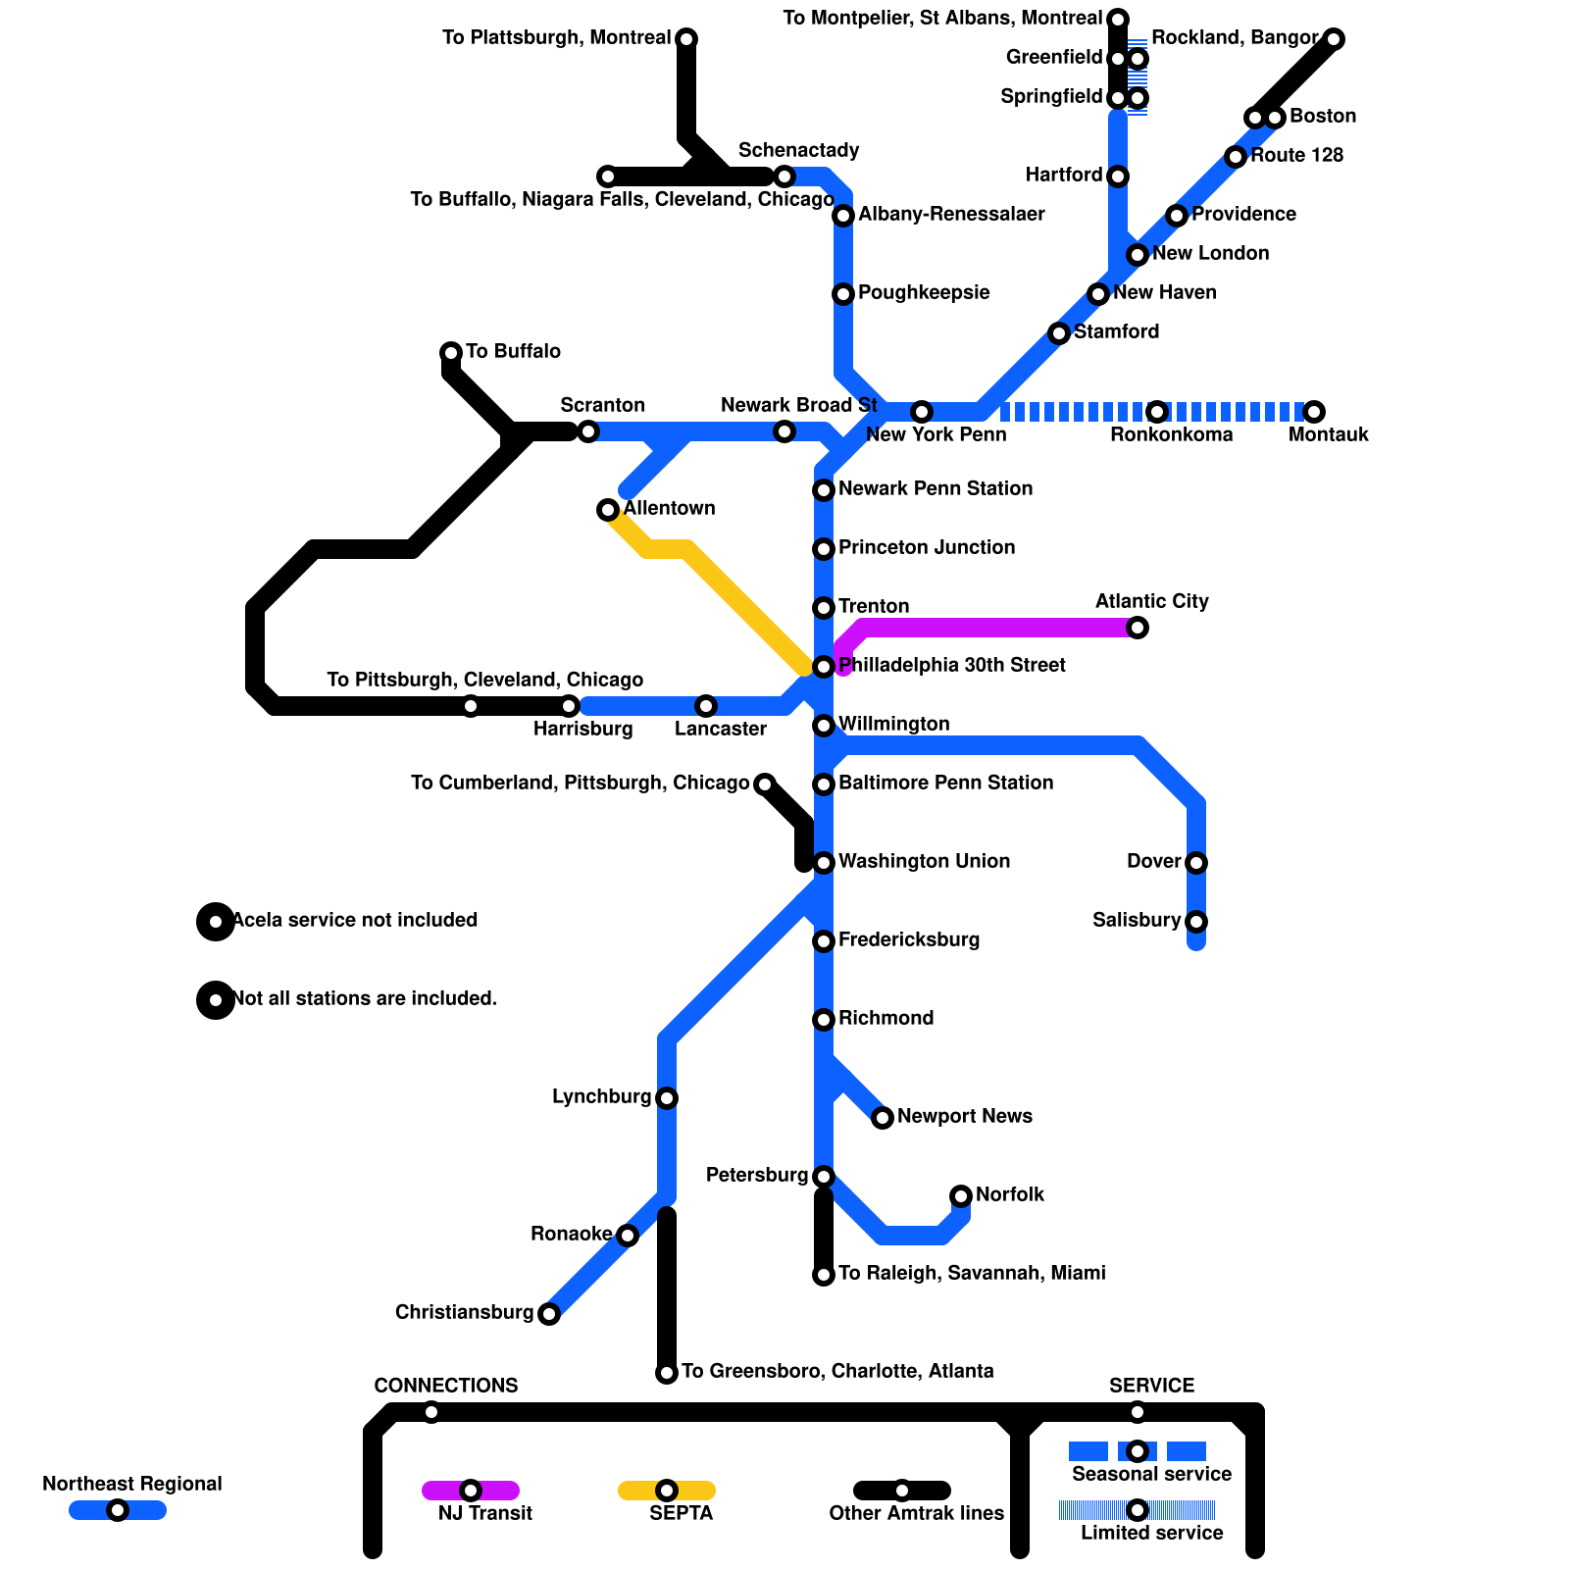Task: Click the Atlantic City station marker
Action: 1138,628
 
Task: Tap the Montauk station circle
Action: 1314,412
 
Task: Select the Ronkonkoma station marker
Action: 1157,412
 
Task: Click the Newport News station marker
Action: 883,1118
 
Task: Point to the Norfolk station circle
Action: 961,1196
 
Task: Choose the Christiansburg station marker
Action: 549,1314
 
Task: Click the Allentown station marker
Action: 608,510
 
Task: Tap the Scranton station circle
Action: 588,431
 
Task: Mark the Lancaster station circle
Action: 706,706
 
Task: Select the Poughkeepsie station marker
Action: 843,294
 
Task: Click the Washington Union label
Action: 924,861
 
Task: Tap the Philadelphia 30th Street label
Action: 951,665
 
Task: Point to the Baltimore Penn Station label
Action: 945,783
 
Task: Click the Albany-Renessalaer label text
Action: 951,214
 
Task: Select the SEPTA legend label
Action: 681,1513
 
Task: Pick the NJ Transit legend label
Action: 484,1513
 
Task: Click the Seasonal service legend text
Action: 1151,1474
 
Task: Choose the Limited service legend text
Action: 1151,1533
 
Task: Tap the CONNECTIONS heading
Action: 446,1386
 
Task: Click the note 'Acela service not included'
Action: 355,920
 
